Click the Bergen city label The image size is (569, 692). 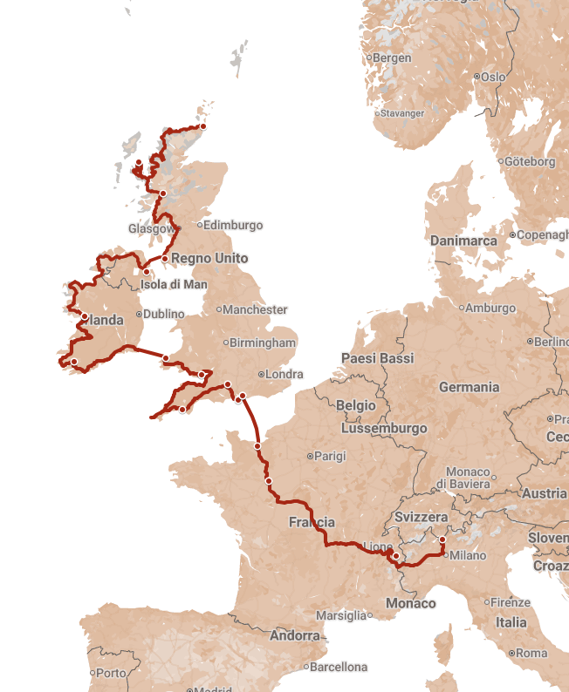[392, 58]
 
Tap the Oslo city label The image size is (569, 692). [493, 77]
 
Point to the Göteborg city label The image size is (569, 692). [530, 161]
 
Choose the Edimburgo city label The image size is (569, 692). [232, 225]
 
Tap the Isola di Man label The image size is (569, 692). [174, 284]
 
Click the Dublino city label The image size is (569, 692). [164, 314]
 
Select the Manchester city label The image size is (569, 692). [254, 309]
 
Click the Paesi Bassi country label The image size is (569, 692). [377, 358]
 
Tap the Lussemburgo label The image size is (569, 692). [384, 429]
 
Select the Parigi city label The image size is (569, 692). [330, 456]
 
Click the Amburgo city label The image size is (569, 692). [490, 308]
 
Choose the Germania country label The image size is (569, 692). [470, 387]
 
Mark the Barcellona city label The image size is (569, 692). [339, 667]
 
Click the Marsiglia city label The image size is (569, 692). [341, 615]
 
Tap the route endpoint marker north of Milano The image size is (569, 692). [442, 540]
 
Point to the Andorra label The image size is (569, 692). [295, 635]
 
